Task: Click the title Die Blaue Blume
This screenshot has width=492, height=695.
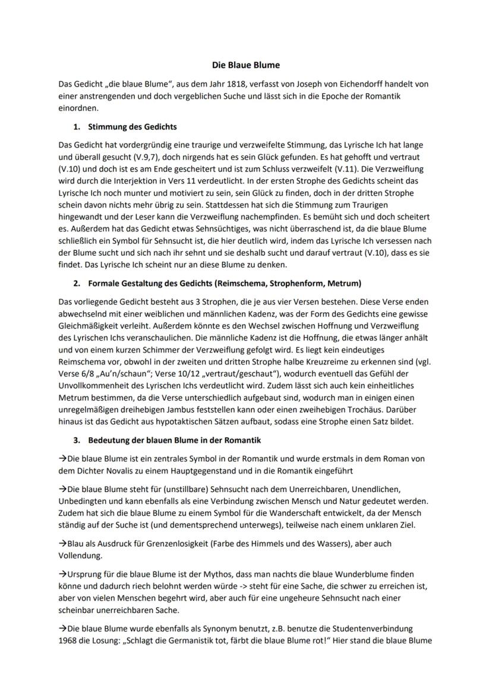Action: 246,64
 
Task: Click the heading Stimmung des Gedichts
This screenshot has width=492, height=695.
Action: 132,126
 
